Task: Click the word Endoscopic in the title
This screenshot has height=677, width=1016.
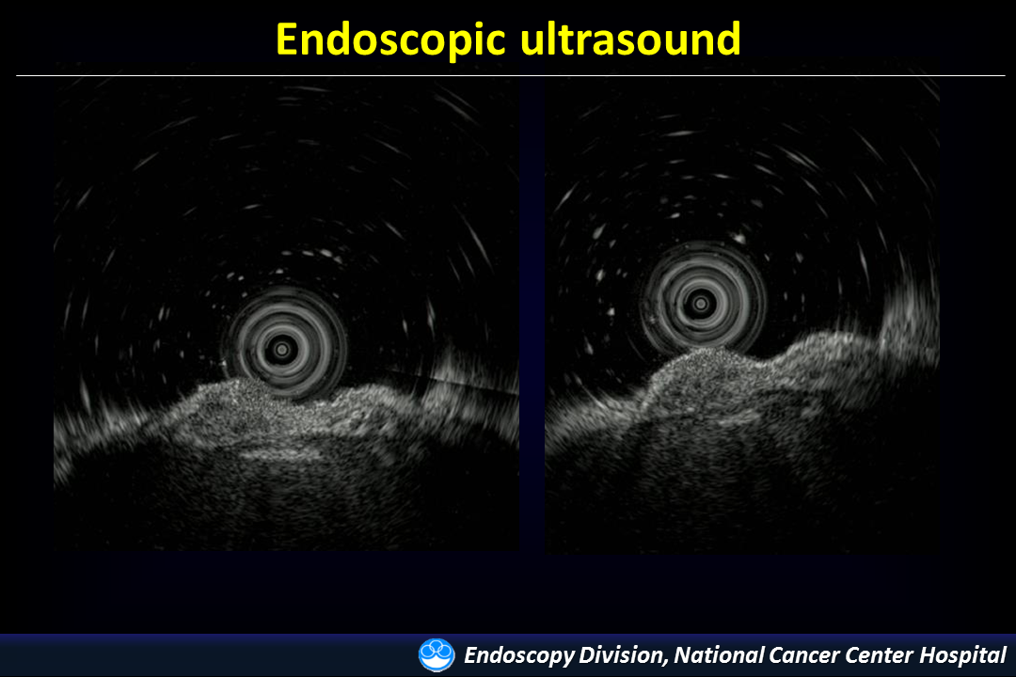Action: [x=390, y=40]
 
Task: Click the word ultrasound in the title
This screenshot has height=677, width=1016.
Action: [x=630, y=39]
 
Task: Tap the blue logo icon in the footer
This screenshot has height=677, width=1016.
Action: [x=437, y=655]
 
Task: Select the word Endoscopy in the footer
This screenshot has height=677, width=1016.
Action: [x=519, y=655]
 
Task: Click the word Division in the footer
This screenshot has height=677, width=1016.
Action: [x=623, y=655]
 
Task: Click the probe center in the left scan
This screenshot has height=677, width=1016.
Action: [x=282, y=350]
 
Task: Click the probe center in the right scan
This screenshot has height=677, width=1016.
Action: [x=701, y=303]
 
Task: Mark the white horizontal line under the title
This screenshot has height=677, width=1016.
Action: [x=511, y=76]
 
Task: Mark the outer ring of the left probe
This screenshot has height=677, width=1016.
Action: [x=284, y=290]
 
